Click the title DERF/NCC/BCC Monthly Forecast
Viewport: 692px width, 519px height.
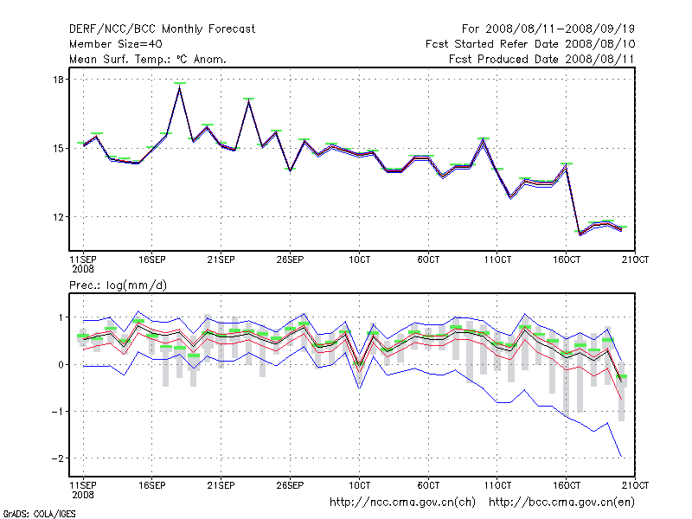pos(162,29)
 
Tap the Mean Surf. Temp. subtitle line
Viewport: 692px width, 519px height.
pos(148,60)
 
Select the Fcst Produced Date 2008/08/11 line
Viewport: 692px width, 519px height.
pos(542,60)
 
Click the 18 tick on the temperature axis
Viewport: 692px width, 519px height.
pos(60,80)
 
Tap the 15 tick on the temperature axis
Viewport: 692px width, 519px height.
pos(60,148)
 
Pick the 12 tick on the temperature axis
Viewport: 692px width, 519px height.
pos(60,217)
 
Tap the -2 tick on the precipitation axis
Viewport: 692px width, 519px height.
pos(60,458)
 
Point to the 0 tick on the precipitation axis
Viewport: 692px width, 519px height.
pos(61,364)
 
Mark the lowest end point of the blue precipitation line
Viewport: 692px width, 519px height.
pos(622,457)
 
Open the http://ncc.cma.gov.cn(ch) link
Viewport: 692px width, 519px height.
pos(403,502)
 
